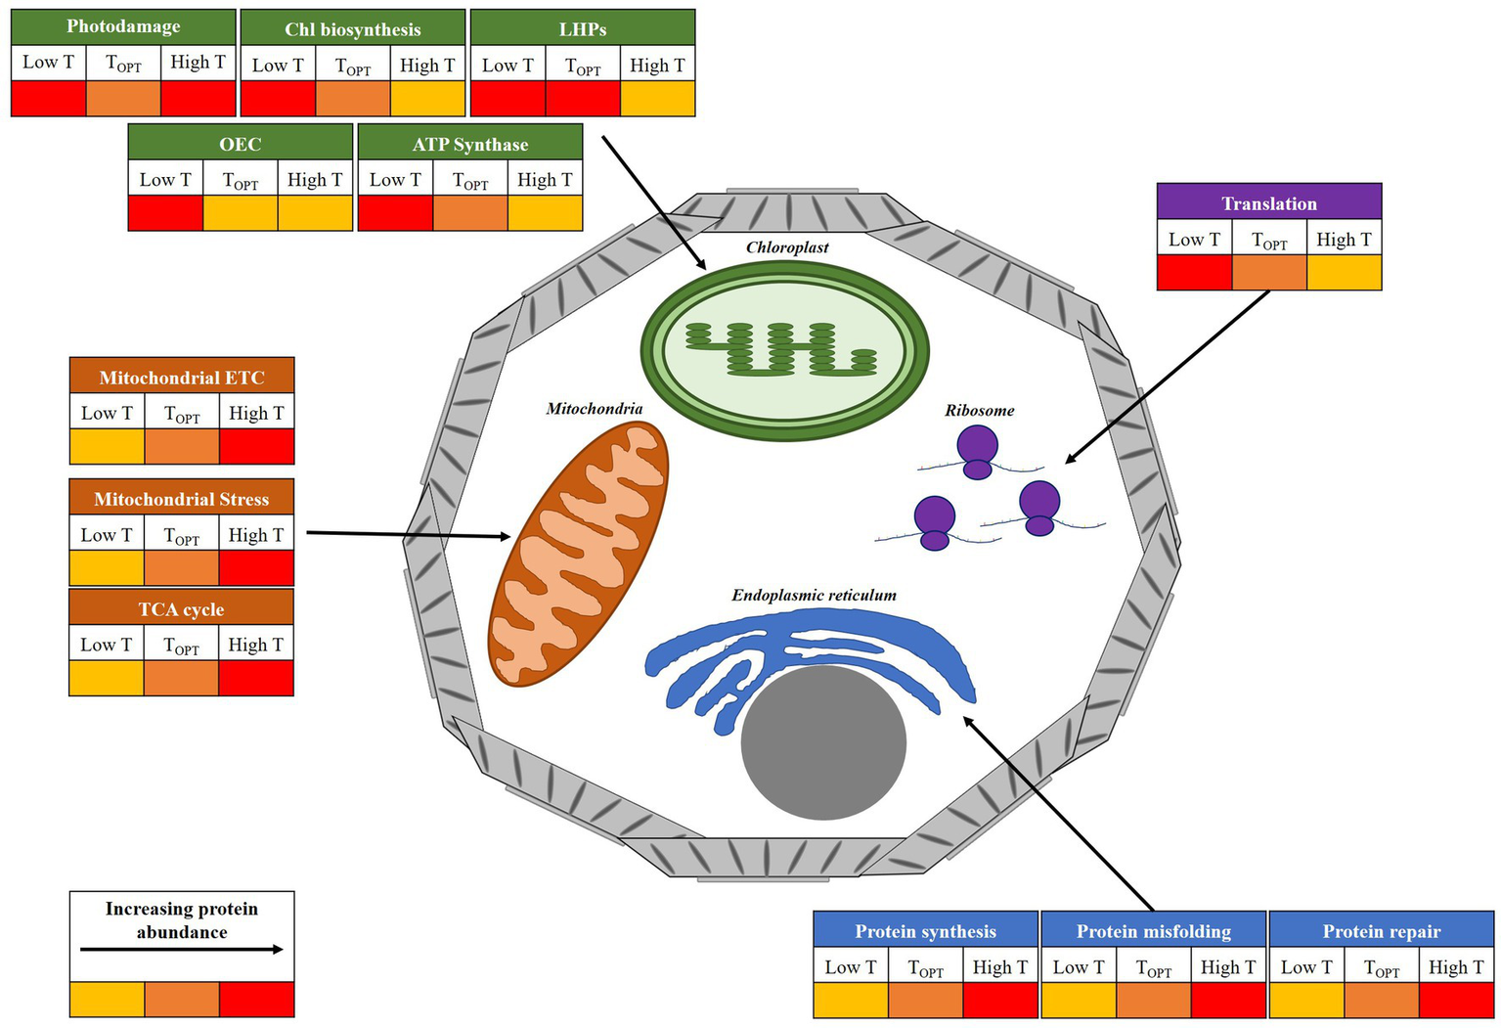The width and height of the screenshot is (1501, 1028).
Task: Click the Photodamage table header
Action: [123, 26]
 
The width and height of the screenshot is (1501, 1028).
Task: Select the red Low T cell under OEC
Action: [165, 212]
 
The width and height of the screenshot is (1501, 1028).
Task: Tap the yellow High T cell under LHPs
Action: [658, 98]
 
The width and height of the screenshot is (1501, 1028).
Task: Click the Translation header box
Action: [1268, 202]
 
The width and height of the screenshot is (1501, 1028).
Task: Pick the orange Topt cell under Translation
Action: [1268, 272]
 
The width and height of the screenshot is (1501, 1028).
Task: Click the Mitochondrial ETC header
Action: [182, 377]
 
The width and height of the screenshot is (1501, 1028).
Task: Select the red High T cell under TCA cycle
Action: [256, 678]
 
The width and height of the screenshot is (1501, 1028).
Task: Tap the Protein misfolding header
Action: [1153, 930]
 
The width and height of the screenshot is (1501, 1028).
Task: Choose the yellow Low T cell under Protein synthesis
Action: [851, 1000]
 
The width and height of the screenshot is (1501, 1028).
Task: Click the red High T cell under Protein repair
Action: [1456, 1000]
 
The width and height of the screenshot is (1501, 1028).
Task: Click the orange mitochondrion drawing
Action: [579, 554]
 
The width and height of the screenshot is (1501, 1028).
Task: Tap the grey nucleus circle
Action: [823, 742]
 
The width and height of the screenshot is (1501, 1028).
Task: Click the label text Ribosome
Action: [979, 411]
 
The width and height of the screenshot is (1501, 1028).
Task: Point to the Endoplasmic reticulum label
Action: [814, 595]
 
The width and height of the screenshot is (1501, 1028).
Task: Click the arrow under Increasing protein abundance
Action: [182, 949]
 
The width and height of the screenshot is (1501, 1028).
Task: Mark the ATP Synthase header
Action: [470, 144]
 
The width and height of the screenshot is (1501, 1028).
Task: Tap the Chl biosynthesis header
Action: [352, 29]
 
